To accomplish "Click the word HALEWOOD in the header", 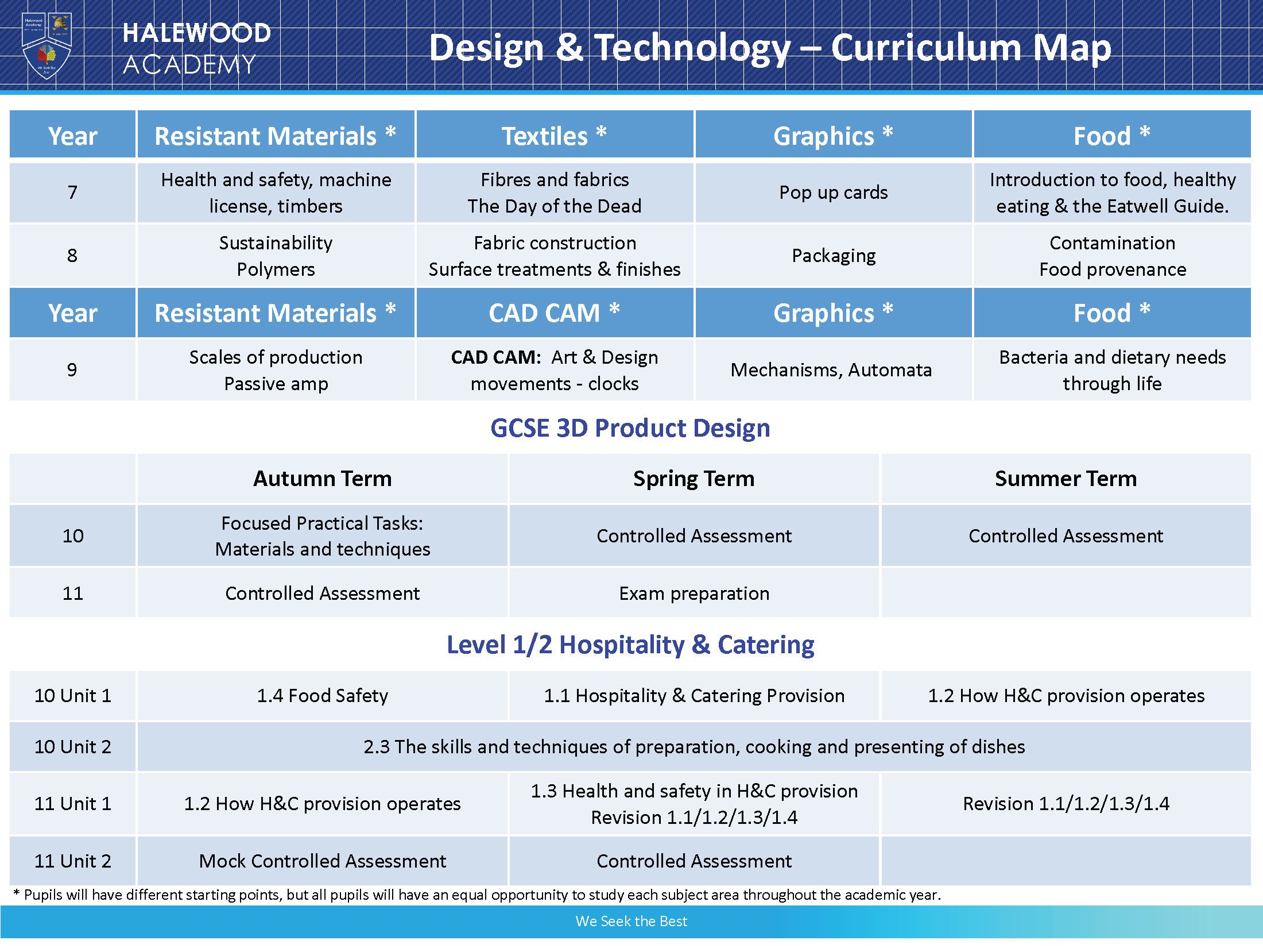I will point(196,33).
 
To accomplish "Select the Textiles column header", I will point(554,136).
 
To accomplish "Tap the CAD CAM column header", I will point(554,313).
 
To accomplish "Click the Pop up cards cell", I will point(833,192).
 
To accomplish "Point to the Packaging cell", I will point(833,256).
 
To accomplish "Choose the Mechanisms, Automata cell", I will point(831,369).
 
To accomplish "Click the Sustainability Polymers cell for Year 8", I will point(276,256).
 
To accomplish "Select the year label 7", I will point(72,192).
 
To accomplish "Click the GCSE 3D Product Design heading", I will point(630,428).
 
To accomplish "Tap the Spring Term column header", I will point(694,479).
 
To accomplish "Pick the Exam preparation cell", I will point(694,593).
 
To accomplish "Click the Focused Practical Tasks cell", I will point(322,535).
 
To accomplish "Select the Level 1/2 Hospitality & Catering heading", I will point(630,645).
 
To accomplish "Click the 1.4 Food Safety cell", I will point(322,696).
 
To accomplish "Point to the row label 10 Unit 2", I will point(72,746).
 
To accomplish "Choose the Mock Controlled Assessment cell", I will point(322,861).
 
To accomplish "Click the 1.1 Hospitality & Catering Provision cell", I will point(694,696).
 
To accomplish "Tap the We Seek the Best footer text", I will point(631,921).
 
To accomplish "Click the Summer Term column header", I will point(1066,479).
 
